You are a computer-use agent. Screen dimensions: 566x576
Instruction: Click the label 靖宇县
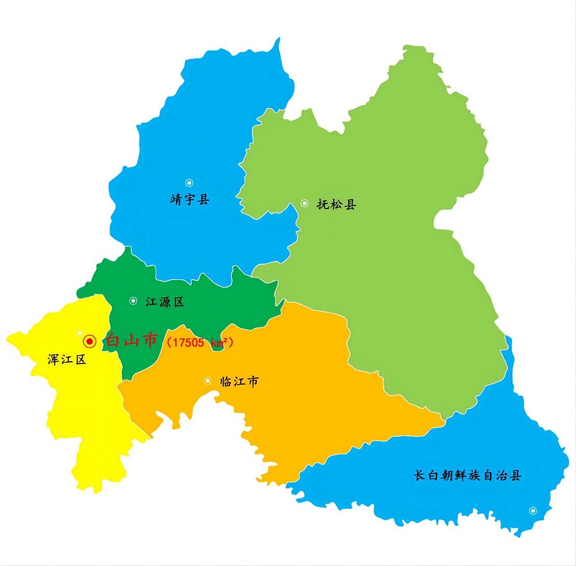[x=190, y=199]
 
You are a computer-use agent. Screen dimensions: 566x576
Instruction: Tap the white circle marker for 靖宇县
[x=189, y=183]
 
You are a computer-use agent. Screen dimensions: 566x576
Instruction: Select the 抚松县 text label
[x=336, y=204]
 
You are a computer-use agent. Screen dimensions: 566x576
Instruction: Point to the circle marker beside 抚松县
[x=305, y=203]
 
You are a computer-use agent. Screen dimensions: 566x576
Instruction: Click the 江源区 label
[x=165, y=302]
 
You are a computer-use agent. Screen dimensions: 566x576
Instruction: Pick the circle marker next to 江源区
[x=133, y=301]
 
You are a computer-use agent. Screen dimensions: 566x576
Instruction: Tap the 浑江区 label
[x=67, y=359]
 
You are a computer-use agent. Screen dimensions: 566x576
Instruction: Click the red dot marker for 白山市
[x=90, y=341]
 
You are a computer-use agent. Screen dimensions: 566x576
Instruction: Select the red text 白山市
[x=131, y=341]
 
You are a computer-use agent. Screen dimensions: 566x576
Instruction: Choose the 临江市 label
[x=239, y=382]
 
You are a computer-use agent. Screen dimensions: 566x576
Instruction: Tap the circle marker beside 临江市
[x=208, y=381]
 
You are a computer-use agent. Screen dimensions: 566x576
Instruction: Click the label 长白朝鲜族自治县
[x=467, y=475]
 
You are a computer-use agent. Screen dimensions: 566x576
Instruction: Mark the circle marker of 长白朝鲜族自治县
[x=533, y=511]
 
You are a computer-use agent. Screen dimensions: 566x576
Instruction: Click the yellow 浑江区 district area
[x=89, y=411]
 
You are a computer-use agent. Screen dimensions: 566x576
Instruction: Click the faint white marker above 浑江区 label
[x=80, y=333]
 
